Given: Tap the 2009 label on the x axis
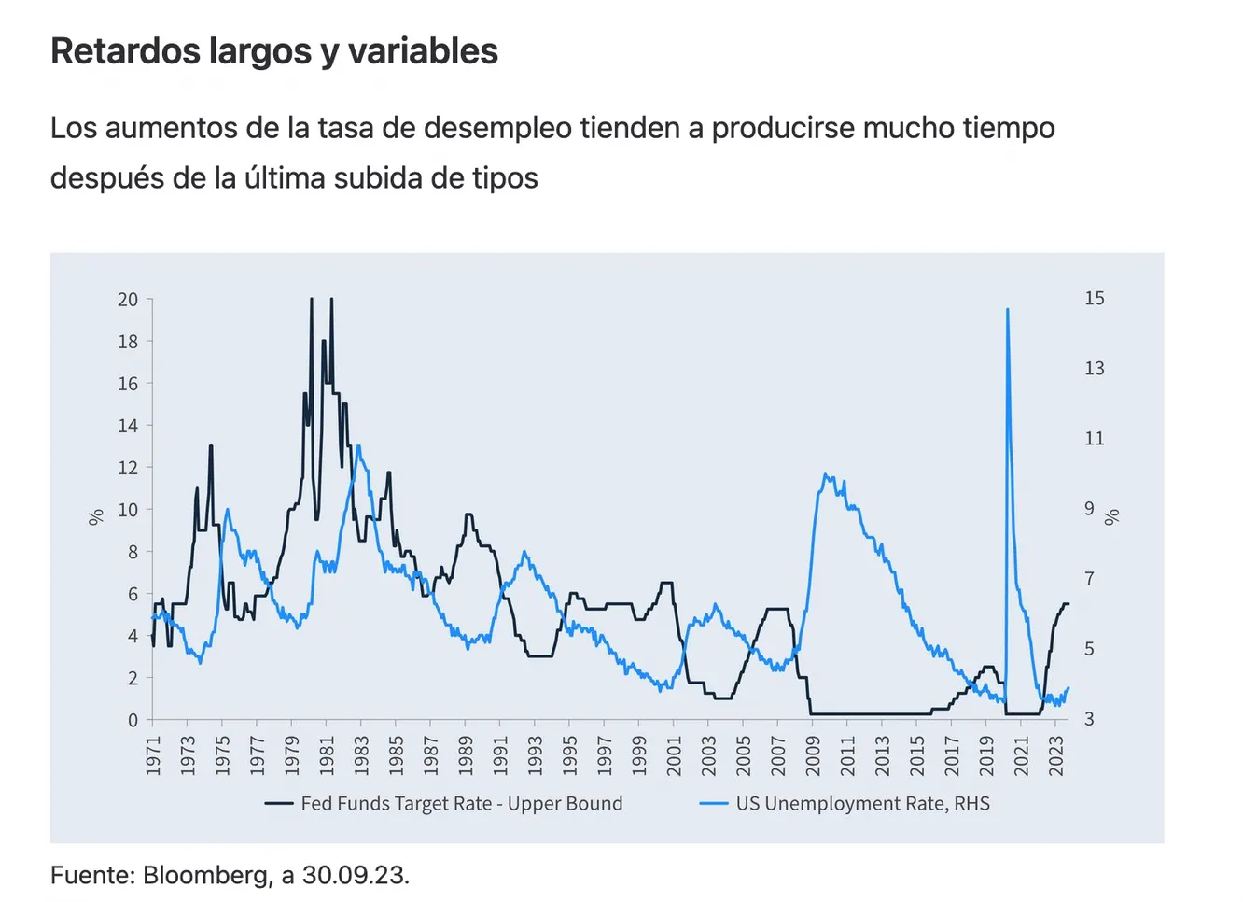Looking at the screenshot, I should click(x=813, y=755).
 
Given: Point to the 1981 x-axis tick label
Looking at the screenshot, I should click(x=327, y=755).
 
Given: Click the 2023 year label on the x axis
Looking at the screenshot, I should click(x=1056, y=755).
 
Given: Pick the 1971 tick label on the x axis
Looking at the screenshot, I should click(x=153, y=755).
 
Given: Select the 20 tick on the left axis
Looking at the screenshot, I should click(x=128, y=300).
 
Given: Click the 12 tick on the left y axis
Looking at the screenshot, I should click(x=128, y=468).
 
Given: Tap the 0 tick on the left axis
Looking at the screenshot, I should click(x=133, y=720).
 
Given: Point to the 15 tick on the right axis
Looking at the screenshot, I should click(x=1095, y=298).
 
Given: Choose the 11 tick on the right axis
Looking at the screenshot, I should click(x=1095, y=438).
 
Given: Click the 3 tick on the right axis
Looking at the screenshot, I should click(x=1089, y=719).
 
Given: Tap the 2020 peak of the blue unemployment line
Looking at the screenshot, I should click(x=1007, y=310).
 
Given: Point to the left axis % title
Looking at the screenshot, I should click(x=95, y=516).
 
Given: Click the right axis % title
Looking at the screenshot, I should click(x=1111, y=516).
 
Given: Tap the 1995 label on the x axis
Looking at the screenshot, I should click(x=569, y=755).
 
